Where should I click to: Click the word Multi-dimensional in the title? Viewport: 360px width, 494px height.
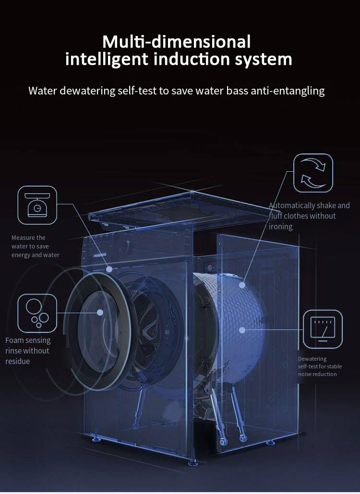pyautogui.click(x=177, y=42)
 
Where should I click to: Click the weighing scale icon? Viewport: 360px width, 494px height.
pyautogui.click(x=37, y=205)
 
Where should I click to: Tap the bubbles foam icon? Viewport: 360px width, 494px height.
pyautogui.click(x=37, y=314)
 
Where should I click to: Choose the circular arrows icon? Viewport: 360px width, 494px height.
pyautogui.click(x=313, y=173)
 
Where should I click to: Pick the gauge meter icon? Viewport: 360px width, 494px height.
pyautogui.click(x=323, y=329)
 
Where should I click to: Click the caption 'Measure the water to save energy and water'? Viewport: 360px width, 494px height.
pyautogui.click(x=36, y=247)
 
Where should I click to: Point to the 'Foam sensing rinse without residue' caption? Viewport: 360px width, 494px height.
pyautogui.click(x=28, y=351)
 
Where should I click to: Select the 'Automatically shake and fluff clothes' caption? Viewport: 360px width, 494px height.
pyautogui.click(x=309, y=216)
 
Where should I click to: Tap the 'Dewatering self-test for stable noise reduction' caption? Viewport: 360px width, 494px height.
pyautogui.click(x=320, y=366)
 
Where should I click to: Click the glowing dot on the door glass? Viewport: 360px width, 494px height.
pyautogui.click(x=100, y=312)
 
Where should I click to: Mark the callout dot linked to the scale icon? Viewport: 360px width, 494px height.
pyautogui.click(x=109, y=269)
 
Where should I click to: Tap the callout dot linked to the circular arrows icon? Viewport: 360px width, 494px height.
pyautogui.click(x=242, y=285)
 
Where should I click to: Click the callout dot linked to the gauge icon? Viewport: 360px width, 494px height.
pyautogui.click(x=242, y=330)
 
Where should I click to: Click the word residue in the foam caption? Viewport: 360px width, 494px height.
pyautogui.click(x=18, y=361)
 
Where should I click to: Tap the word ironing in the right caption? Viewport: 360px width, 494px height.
pyautogui.click(x=281, y=227)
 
